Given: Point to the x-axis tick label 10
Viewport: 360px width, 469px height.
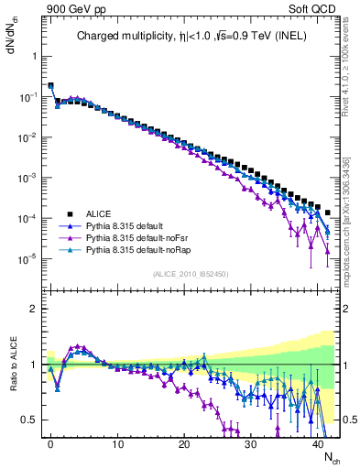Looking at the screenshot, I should (x=117, y=444).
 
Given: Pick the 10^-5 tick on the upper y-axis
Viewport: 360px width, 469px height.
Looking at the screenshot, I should (x=28, y=259).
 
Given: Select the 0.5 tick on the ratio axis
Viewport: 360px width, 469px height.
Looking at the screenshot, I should (x=29, y=420).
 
